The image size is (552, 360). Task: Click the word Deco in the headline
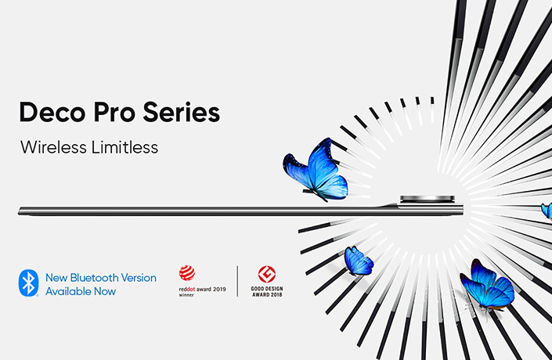(x=52, y=112)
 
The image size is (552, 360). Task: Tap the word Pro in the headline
(x=114, y=112)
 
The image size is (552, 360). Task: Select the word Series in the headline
(x=182, y=112)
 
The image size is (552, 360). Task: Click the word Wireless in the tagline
(x=53, y=147)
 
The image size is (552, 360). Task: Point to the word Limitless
(x=124, y=147)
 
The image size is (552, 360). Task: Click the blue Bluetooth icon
(x=28, y=283)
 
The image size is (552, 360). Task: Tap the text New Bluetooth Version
(x=101, y=278)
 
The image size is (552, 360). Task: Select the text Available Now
(x=81, y=291)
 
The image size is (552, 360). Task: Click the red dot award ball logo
(x=186, y=273)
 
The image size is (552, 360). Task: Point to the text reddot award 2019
(x=203, y=290)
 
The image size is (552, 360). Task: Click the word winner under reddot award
(x=186, y=295)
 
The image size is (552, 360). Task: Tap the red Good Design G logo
(x=267, y=274)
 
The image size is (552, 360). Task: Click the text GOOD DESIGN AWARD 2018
(x=267, y=292)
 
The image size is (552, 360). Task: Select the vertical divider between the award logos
(x=237, y=281)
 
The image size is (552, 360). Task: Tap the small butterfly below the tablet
(x=359, y=261)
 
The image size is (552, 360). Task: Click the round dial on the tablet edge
(x=427, y=200)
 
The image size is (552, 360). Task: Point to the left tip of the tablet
(x=18, y=211)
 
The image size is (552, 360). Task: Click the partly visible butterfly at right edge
(x=547, y=211)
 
